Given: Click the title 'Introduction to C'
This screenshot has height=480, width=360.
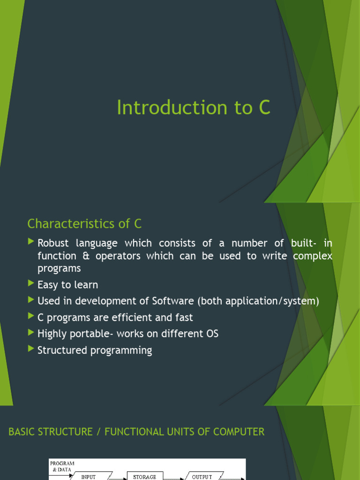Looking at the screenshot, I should point(193,108).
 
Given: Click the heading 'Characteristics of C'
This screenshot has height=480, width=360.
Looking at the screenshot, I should point(84,224).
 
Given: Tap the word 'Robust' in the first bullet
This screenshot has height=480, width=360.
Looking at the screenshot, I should point(55,243).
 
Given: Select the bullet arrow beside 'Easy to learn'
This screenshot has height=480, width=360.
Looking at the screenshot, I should point(31,284).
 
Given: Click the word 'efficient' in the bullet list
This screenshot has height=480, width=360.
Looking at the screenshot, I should point(131,317).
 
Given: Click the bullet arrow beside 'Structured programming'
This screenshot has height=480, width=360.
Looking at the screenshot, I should point(31,349).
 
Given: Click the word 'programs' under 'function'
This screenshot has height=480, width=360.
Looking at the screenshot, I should point(59,269).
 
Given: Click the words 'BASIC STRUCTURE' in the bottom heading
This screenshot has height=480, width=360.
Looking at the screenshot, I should point(51,432).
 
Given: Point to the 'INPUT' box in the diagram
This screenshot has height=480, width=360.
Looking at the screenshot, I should point(89,476).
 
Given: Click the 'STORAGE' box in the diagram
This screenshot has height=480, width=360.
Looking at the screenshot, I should point(144,476).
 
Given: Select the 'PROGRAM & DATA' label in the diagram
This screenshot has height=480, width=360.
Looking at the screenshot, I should point(63,466).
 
